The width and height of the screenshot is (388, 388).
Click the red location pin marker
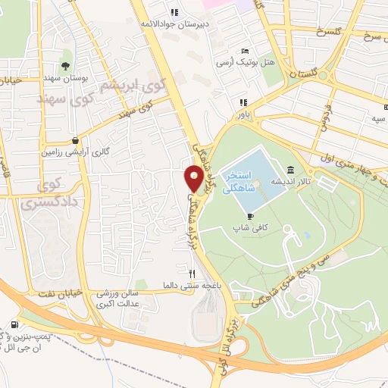(x=193, y=179)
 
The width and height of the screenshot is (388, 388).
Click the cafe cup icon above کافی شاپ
(x=250, y=216)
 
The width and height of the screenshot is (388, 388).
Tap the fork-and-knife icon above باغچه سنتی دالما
(x=192, y=274)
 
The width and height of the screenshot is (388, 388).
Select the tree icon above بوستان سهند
(x=65, y=65)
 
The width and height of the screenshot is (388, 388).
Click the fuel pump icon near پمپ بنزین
(x=15, y=327)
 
